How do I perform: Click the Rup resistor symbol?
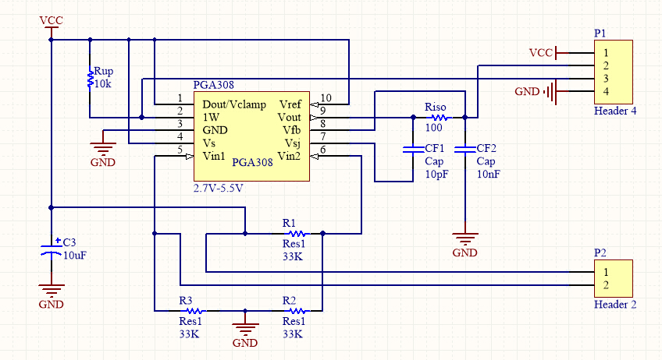click(90, 79)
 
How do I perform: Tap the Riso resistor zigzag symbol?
click(440, 118)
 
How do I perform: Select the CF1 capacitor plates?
click(413, 150)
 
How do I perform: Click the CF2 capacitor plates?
click(465, 150)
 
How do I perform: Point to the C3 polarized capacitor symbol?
click(52, 249)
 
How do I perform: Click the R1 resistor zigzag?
click(297, 233)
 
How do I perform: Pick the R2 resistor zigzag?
click(297, 311)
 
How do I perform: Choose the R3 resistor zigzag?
click(194, 311)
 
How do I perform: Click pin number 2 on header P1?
click(606, 65)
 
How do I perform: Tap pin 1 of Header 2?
click(606, 272)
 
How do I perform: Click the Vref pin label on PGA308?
click(290, 104)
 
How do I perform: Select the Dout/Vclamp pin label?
click(234, 104)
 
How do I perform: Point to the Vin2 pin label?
click(289, 156)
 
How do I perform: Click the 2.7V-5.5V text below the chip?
click(219, 188)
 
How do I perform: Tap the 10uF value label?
click(75, 255)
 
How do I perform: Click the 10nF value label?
click(489, 174)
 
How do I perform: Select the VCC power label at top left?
click(51, 20)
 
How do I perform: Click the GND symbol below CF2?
click(465, 239)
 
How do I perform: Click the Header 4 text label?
click(615, 111)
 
